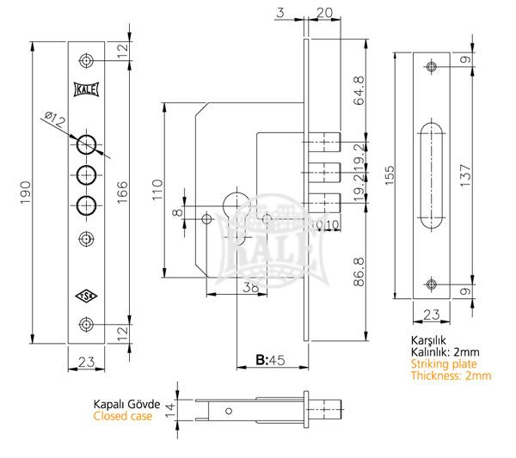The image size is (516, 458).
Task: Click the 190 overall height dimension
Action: (25, 187)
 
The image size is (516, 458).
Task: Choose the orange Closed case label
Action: (122, 416)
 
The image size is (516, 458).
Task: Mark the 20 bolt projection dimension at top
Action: (324, 11)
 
